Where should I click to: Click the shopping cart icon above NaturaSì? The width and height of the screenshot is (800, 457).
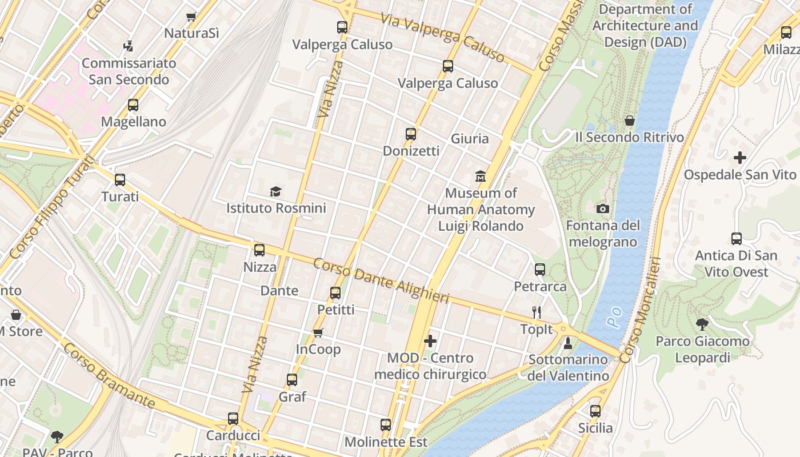(x=191, y=17)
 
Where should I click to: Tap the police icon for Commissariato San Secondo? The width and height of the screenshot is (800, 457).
(x=129, y=46)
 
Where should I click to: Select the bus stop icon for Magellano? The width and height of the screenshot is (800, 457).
(x=133, y=105)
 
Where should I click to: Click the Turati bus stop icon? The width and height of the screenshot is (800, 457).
(x=120, y=180)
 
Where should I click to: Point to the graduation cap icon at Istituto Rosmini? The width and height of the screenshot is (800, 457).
(x=276, y=191)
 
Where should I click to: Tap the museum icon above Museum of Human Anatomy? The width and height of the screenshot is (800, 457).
(x=481, y=176)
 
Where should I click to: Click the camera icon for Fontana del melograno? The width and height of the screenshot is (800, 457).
(x=602, y=209)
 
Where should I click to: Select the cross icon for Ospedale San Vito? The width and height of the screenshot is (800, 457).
(x=740, y=158)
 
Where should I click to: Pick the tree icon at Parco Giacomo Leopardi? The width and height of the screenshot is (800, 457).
(x=702, y=324)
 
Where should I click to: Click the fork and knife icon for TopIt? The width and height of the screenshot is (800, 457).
(x=537, y=312)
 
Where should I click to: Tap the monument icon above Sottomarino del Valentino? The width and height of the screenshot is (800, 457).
(x=568, y=343)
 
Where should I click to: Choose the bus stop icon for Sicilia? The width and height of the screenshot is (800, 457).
(x=595, y=411)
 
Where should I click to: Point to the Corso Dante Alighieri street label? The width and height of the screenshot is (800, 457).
(x=381, y=281)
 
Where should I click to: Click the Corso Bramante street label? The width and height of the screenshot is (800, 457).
(x=109, y=376)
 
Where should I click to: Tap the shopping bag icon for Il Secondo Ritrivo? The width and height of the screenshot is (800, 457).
(x=630, y=121)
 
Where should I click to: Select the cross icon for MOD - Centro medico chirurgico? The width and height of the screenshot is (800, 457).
(x=430, y=342)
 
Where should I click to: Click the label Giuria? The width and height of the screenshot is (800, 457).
(x=470, y=139)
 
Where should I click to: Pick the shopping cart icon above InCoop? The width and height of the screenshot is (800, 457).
(x=318, y=332)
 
